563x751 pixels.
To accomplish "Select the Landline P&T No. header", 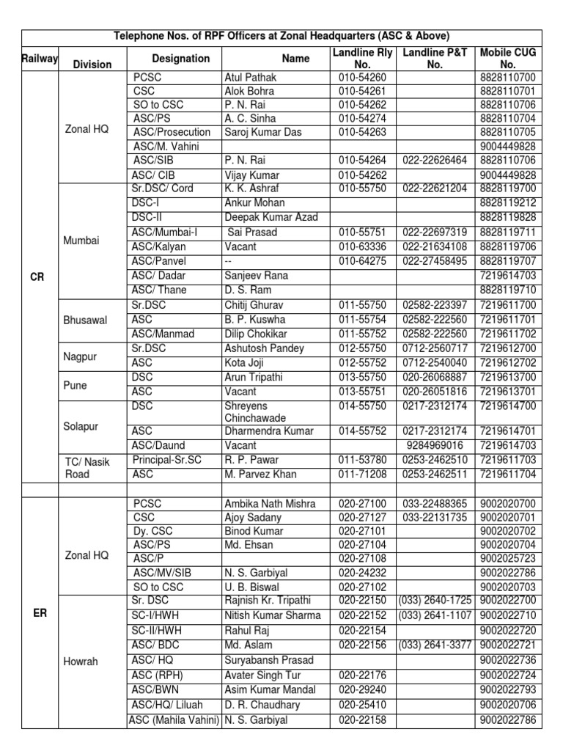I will click(x=435, y=58).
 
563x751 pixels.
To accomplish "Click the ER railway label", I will click(x=40, y=613).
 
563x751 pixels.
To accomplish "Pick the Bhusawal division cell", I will click(x=85, y=320).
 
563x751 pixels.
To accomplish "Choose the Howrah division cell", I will click(x=81, y=661).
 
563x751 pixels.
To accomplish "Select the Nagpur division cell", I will click(x=81, y=356).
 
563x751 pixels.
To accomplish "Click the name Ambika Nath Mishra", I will click(x=270, y=504).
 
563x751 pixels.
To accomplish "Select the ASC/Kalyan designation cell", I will click(x=160, y=246).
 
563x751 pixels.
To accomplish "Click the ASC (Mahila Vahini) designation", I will click(x=174, y=719).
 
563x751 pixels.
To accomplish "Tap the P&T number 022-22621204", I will click(x=435, y=188).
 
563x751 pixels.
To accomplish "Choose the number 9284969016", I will click(x=435, y=445).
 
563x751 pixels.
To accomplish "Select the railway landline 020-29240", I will click(x=358, y=689).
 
